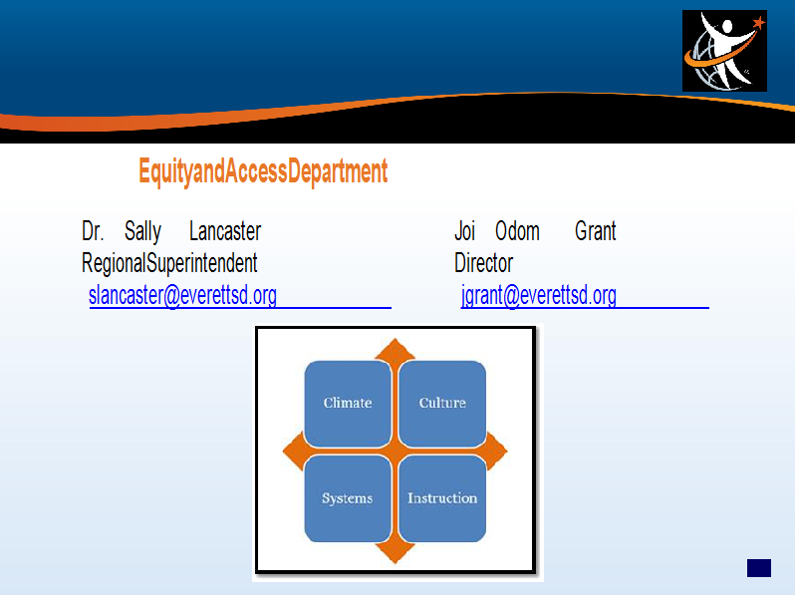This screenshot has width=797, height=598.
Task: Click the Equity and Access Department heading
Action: (263, 171)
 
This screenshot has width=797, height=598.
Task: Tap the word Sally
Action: (142, 232)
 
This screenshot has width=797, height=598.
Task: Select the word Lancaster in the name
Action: (225, 231)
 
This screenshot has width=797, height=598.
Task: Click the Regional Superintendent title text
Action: (169, 263)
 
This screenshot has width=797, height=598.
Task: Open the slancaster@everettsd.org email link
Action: (182, 295)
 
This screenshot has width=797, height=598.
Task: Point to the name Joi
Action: (464, 232)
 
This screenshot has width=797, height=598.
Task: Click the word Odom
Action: (517, 231)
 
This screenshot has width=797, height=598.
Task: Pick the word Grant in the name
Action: (595, 231)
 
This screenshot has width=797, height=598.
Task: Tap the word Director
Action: (483, 263)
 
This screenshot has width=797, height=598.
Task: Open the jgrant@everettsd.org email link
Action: (539, 295)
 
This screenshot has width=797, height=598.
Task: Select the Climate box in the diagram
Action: (348, 404)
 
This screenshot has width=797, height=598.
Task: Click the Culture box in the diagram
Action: (442, 404)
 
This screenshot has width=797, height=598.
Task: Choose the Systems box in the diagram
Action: (348, 498)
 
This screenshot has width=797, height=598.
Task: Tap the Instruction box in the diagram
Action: (442, 498)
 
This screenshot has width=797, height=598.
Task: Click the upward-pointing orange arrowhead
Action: (395, 350)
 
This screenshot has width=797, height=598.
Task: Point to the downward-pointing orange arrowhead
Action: (395, 553)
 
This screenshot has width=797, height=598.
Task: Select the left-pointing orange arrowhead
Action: (293, 451)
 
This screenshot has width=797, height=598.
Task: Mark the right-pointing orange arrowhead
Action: (496, 451)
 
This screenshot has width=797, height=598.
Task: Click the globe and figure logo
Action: (724, 51)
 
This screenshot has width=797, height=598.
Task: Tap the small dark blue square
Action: (759, 568)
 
